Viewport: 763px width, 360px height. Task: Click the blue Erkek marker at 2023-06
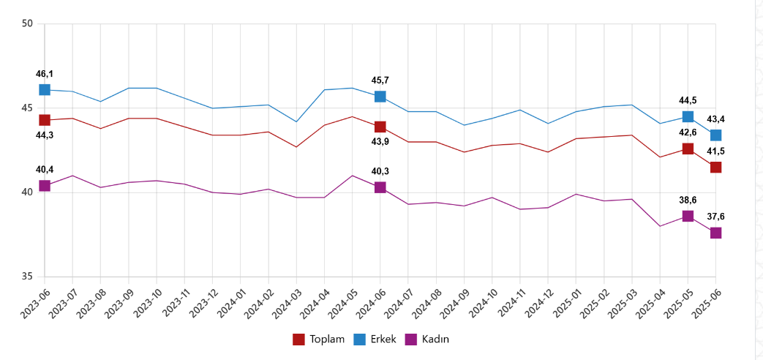click(45, 89)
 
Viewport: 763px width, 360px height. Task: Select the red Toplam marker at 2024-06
click(380, 127)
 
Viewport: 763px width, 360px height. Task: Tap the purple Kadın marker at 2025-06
click(715, 233)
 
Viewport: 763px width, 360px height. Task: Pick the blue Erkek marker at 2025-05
click(688, 116)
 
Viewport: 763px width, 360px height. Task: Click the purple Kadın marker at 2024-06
click(380, 187)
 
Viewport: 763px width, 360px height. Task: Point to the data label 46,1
click(45, 74)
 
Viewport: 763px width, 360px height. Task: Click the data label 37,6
click(715, 217)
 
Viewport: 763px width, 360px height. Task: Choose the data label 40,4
click(45, 170)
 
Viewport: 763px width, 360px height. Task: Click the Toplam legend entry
click(318, 339)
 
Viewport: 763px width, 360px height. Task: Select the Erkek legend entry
click(375, 339)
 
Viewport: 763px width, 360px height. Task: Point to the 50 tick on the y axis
click(29, 24)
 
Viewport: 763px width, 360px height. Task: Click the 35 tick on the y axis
click(29, 277)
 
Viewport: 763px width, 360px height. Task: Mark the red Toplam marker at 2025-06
click(715, 167)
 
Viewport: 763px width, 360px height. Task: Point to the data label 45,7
click(380, 80)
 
